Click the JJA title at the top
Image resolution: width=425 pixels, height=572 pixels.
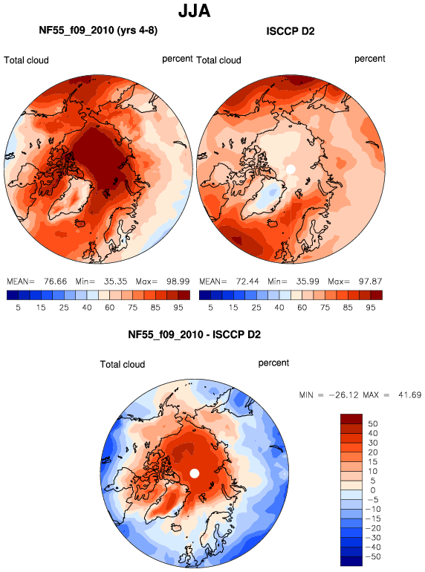[x=194, y=11]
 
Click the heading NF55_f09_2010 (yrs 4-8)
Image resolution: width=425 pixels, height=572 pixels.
[x=98, y=30]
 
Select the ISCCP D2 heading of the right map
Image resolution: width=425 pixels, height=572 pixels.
[x=291, y=31]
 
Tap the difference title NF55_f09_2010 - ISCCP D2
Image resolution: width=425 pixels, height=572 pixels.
[x=195, y=334]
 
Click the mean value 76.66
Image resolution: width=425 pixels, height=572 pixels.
[x=56, y=282]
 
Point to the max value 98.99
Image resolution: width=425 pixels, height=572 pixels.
[x=178, y=282]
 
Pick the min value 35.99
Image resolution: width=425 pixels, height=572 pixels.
[x=307, y=282]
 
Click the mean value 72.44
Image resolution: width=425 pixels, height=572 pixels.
[x=247, y=282]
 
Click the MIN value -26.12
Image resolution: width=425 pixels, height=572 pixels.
[x=344, y=394]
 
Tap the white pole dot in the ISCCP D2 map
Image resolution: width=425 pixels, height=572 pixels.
[x=291, y=169]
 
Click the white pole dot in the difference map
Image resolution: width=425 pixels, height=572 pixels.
[x=195, y=473]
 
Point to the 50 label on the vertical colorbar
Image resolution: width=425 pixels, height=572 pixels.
[x=373, y=423]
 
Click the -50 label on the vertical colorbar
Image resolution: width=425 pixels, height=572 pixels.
[x=373, y=556]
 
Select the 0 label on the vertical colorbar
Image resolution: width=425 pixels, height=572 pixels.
[x=373, y=490]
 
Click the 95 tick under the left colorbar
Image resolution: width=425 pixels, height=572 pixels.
[x=178, y=308]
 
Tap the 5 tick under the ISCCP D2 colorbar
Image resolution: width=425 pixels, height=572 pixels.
[x=210, y=308]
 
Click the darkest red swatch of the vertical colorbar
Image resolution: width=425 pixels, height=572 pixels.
[x=351, y=419]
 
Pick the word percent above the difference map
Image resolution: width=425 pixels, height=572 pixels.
[x=273, y=363]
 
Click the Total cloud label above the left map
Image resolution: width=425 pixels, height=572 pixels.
[x=26, y=60]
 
